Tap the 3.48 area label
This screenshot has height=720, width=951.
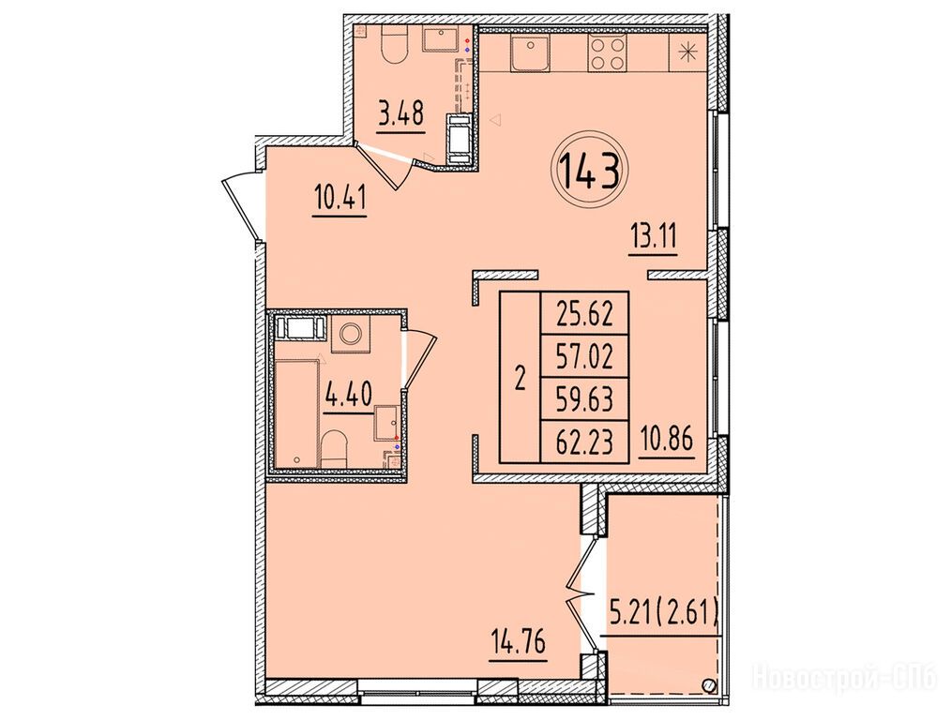click(400, 113)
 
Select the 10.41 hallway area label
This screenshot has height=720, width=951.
click(340, 197)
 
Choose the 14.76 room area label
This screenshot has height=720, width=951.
click(519, 641)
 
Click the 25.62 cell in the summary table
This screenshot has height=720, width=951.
click(585, 314)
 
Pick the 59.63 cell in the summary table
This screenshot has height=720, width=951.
click(585, 399)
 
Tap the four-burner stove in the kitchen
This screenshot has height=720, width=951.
click(608, 54)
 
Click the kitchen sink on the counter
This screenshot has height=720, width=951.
click(530, 52)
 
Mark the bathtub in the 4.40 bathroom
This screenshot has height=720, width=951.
click(296, 412)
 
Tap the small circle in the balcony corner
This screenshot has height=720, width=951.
click(708, 685)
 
